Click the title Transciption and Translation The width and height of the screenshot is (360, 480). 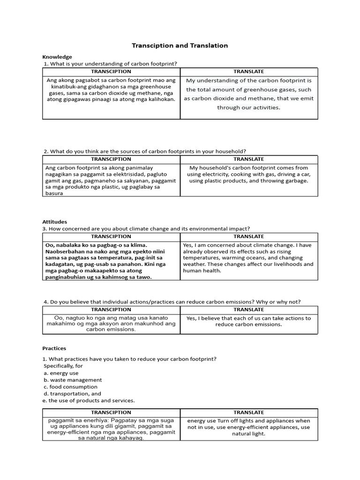180,45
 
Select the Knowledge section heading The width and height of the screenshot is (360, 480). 57,57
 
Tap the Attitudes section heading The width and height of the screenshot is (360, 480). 55,222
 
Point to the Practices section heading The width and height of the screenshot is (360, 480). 54,348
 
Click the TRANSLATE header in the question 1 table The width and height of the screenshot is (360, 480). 249,71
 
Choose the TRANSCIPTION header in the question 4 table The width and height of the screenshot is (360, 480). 111,309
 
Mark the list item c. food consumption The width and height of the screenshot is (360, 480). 70,387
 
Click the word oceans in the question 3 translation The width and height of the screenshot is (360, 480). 262,258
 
